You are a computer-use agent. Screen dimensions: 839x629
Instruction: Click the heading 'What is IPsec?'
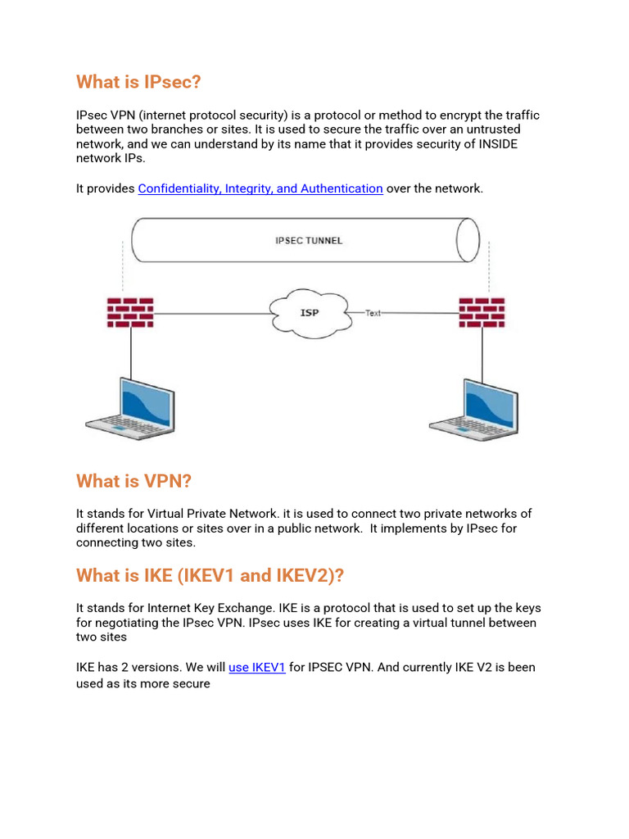[x=138, y=82]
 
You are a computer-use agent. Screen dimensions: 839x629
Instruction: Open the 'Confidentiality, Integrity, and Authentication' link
[x=260, y=188]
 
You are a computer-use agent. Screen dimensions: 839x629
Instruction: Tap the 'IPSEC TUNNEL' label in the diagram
[x=308, y=241]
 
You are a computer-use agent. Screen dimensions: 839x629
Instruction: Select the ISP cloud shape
[x=309, y=312]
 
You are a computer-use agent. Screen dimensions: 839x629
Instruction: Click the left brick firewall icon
[x=130, y=312]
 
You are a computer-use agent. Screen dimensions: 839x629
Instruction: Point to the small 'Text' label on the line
[x=373, y=313]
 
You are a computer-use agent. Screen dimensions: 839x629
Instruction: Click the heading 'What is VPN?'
[x=133, y=480]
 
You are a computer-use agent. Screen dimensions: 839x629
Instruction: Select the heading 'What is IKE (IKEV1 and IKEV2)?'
[x=210, y=575]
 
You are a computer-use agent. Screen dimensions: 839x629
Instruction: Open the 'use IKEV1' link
[x=257, y=667]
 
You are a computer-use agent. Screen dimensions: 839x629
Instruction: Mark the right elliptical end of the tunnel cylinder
[x=468, y=240]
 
